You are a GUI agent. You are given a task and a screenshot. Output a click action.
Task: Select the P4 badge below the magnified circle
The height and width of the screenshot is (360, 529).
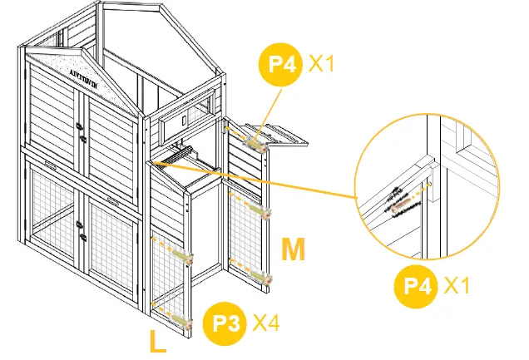[x=418, y=288]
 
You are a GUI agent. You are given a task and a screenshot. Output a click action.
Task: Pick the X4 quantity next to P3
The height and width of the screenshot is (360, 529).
[x=265, y=322]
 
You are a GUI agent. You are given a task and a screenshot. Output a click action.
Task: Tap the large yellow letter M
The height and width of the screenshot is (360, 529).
[x=297, y=249]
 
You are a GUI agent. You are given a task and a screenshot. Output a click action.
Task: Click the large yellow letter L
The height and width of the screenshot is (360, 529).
[x=158, y=341]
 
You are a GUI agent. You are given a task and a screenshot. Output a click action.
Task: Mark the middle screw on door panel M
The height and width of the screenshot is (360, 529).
[x=260, y=213]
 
